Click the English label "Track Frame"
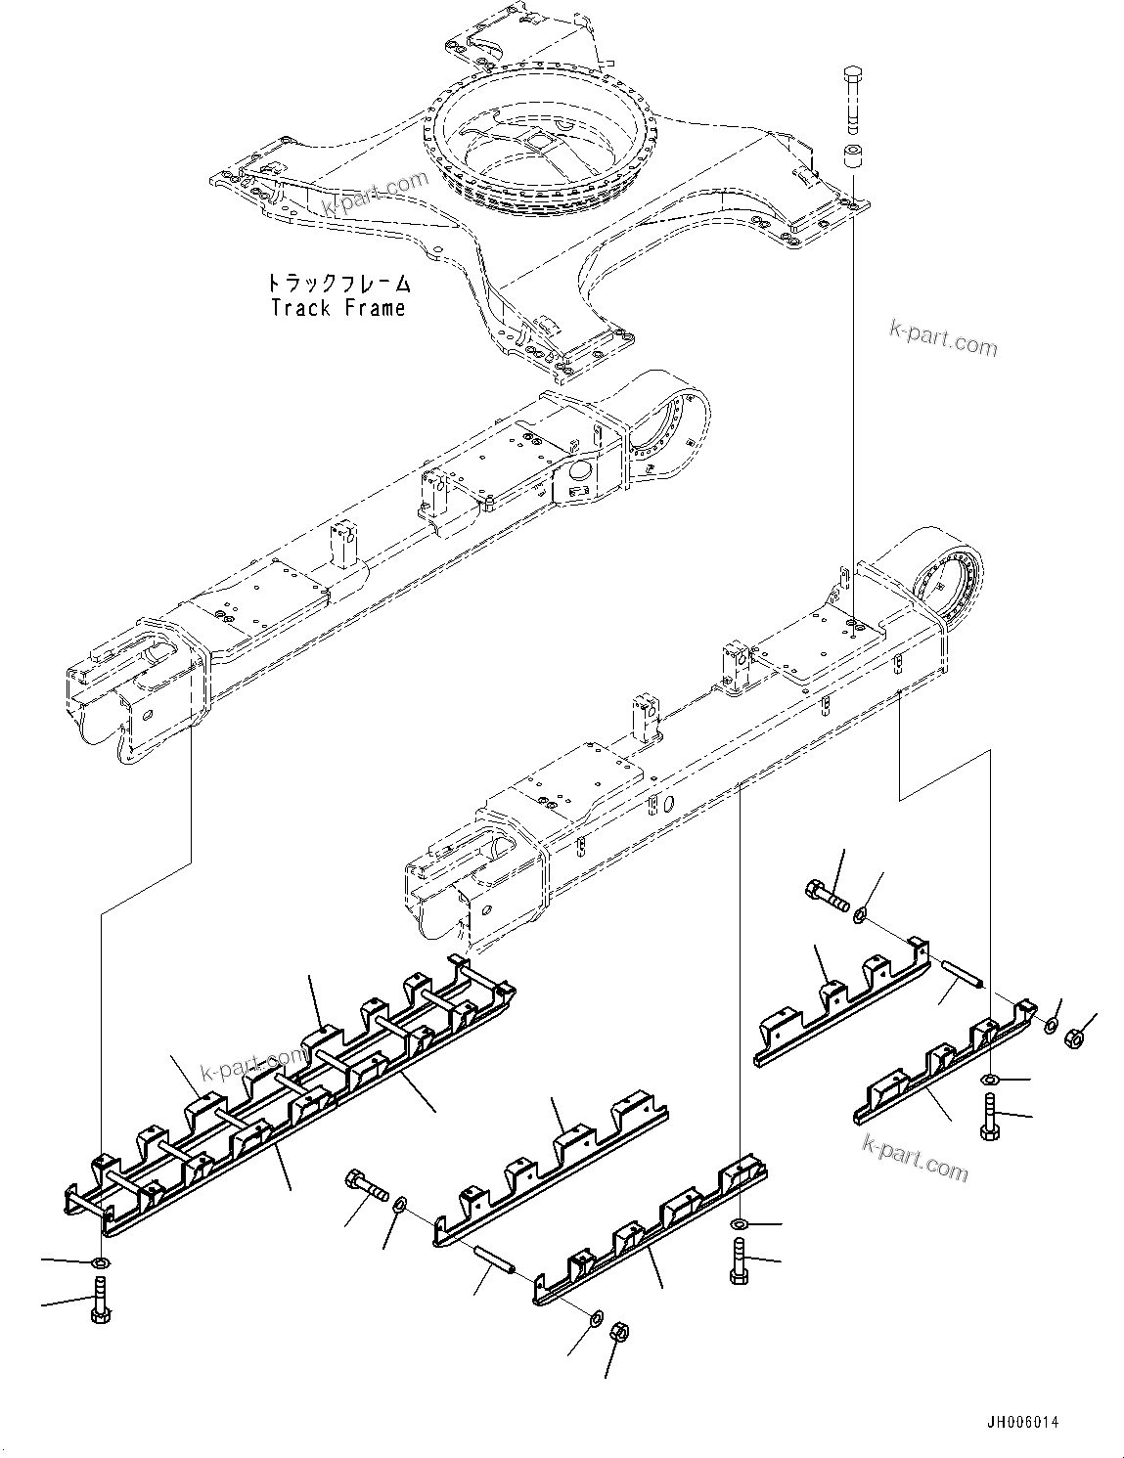337,309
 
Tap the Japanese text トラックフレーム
337,285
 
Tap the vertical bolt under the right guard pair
990,1116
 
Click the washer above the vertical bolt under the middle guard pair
739,1225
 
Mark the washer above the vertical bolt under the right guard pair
990,1079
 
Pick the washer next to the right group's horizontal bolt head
860,915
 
